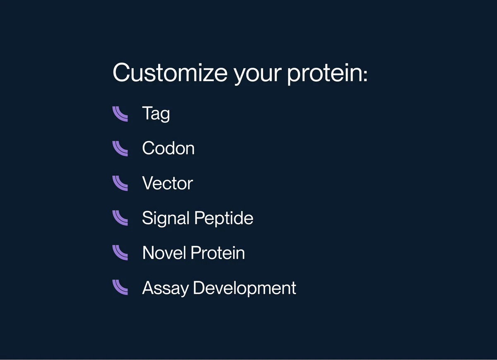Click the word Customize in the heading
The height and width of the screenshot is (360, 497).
click(170, 72)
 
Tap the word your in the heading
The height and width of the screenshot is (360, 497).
click(258, 75)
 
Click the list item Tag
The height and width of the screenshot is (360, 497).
click(156, 114)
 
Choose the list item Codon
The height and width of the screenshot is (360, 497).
click(169, 148)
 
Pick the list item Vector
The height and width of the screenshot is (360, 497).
click(167, 183)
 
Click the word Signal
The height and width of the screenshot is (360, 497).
click(166, 218)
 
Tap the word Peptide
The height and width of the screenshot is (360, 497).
click(224, 218)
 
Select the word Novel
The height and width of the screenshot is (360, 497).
click(164, 252)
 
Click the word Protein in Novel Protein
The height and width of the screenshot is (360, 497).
click(218, 252)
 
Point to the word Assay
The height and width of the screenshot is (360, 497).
click(165, 288)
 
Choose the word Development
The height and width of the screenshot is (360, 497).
click(244, 288)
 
